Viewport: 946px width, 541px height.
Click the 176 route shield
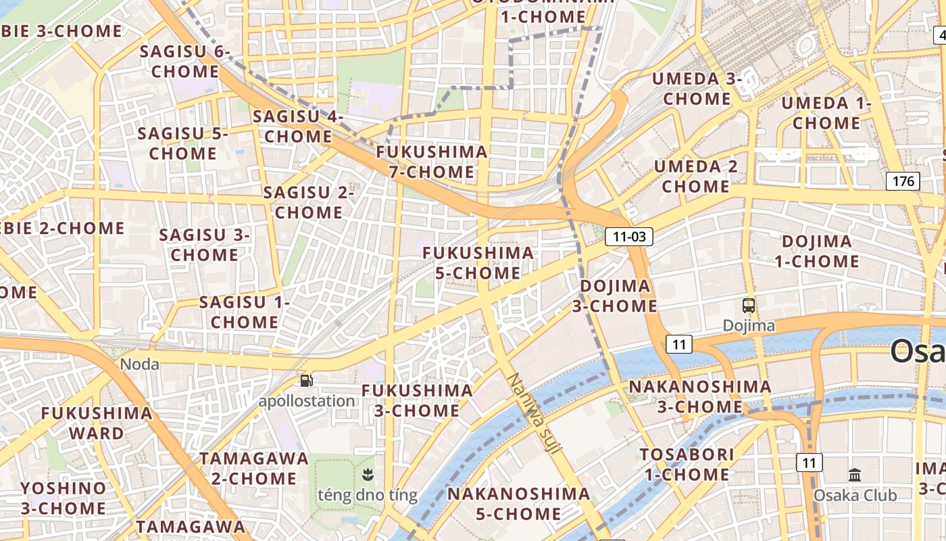pyautogui.click(x=903, y=181)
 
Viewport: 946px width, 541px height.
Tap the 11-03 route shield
pyautogui.click(x=629, y=236)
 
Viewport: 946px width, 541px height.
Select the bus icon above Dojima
pyautogui.click(x=749, y=305)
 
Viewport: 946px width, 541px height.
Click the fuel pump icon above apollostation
pyautogui.click(x=307, y=381)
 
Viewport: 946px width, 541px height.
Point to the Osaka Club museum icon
pyautogui.click(x=855, y=475)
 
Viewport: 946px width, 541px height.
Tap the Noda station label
pyautogui.click(x=140, y=364)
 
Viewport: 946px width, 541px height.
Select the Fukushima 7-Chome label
pyautogui.click(x=432, y=162)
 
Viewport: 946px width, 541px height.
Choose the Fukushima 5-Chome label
pyautogui.click(x=478, y=263)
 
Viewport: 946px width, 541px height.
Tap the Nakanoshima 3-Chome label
pyautogui.click(x=700, y=397)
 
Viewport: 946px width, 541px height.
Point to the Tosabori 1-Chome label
pyautogui.click(x=687, y=465)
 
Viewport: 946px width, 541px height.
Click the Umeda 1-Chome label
pyautogui.click(x=826, y=113)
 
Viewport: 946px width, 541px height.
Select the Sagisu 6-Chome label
pyautogui.click(x=185, y=62)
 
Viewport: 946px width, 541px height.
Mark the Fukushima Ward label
pyautogui.click(x=97, y=423)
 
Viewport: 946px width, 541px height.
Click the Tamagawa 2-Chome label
pyautogui.click(x=253, y=468)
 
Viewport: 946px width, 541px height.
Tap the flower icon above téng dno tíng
pyautogui.click(x=368, y=474)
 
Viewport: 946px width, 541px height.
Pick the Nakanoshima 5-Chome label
pyautogui.click(x=519, y=503)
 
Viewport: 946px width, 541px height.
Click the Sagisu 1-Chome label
pyautogui.click(x=244, y=312)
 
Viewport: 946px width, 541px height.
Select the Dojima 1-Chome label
pyautogui.click(x=816, y=252)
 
